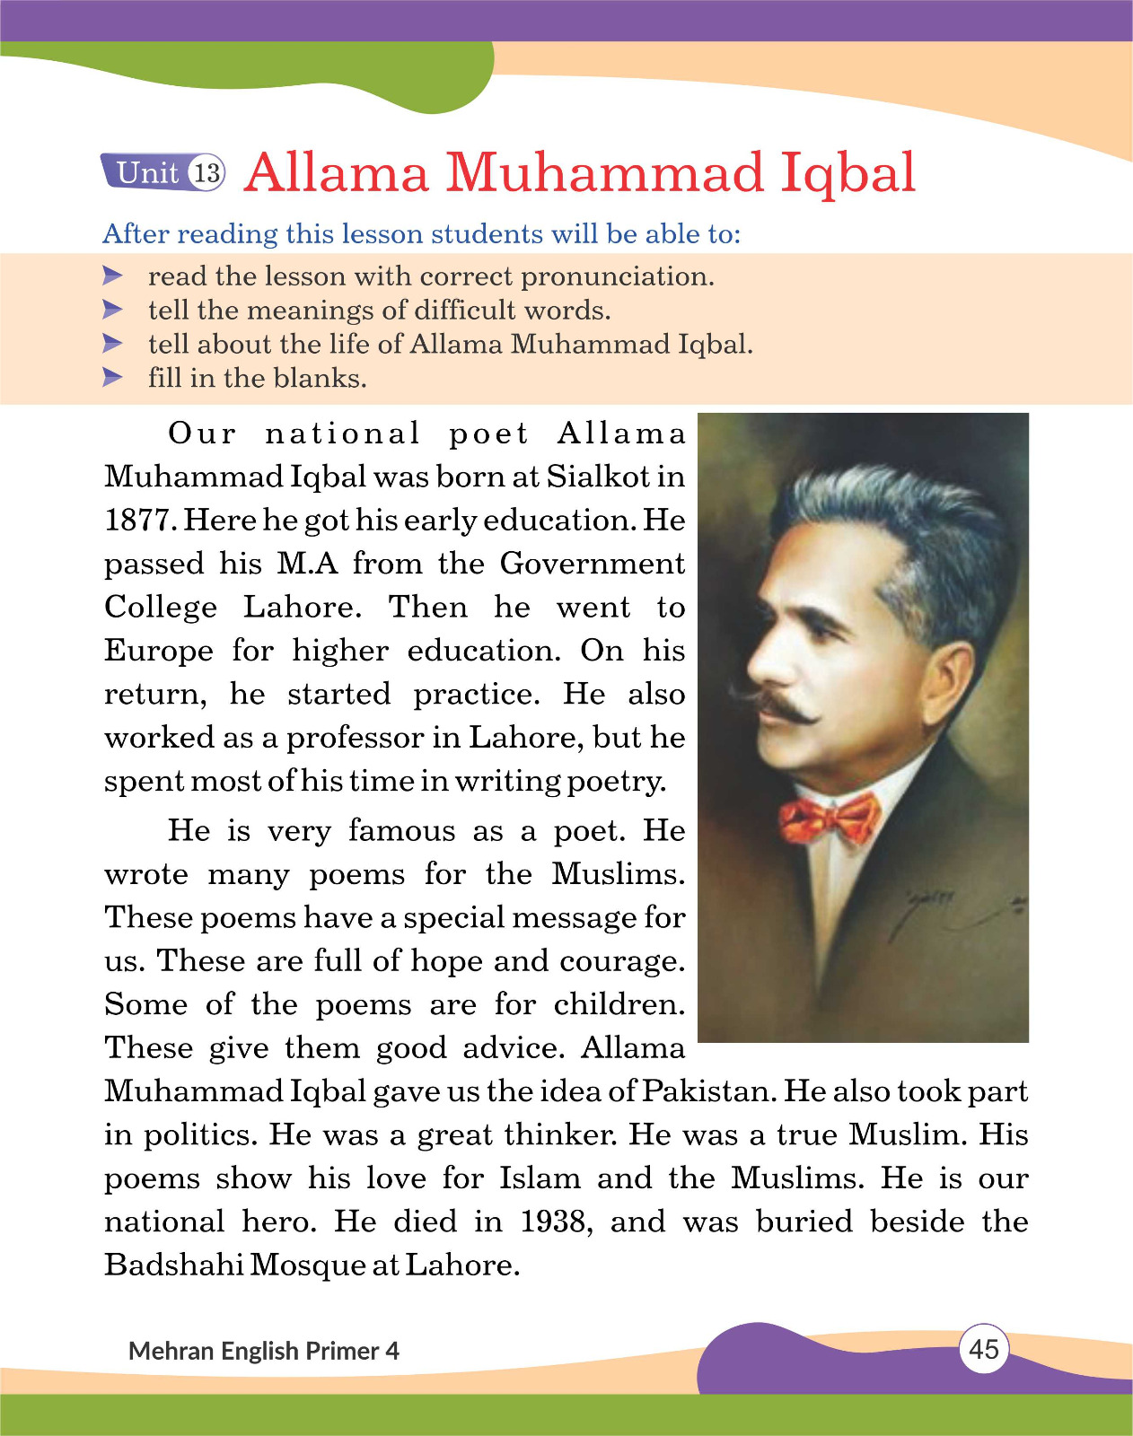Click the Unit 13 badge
coord(162,171)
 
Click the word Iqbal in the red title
coord(848,172)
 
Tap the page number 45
coord(984,1349)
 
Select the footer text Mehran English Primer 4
coord(264,1351)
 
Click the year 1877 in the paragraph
coord(139,521)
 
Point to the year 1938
coord(555,1221)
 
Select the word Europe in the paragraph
coord(159,651)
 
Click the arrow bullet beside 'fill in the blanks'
coord(112,377)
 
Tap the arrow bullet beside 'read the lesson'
coord(112,275)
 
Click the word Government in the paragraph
coord(592,564)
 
